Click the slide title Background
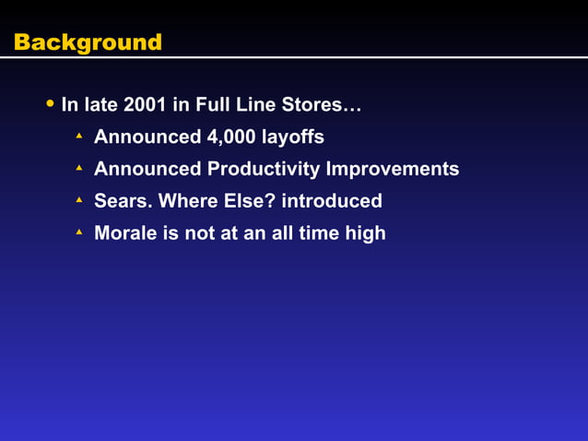[88, 42]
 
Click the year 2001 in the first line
[147, 105]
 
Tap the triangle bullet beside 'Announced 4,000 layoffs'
[79, 137]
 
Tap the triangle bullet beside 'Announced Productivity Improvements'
[79, 168]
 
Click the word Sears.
[123, 201]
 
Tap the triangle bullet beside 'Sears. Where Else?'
[79, 200]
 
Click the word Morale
[125, 233]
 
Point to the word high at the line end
[365, 233]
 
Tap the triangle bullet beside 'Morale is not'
[79, 232]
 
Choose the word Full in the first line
[214, 105]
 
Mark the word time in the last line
[318, 233]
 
